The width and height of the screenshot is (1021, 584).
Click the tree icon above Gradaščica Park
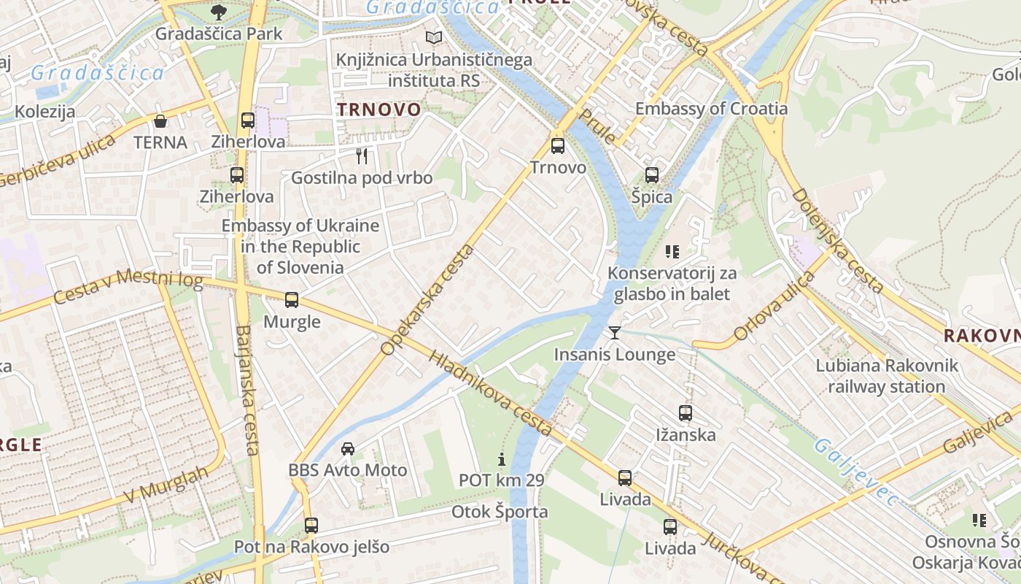pos(218,12)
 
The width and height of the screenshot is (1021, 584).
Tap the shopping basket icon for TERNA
pos(160,120)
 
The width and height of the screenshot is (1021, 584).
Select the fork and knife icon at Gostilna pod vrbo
pos(361,155)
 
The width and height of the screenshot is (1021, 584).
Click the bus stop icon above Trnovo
pos(558,145)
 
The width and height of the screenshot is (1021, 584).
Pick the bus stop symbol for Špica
pos(652,174)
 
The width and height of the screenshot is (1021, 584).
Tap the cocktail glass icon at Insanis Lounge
pos(615,333)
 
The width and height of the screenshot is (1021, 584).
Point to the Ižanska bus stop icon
pos(686,413)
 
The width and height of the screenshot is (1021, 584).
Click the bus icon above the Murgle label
pos(292,299)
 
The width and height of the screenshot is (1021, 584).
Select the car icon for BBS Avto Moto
pos(348,448)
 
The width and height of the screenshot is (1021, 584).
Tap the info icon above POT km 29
pos(501,459)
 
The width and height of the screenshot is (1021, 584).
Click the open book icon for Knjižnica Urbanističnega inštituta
pos(434,37)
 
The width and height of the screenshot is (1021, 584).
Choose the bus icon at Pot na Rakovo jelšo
pos(311,525)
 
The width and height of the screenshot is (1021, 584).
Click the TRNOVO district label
pos(378,109)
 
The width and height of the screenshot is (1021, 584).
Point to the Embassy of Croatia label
pos(711,109)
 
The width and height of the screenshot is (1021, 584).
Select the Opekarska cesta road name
pos(427,301)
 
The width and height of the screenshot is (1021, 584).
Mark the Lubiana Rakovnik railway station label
pos(886,376)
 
